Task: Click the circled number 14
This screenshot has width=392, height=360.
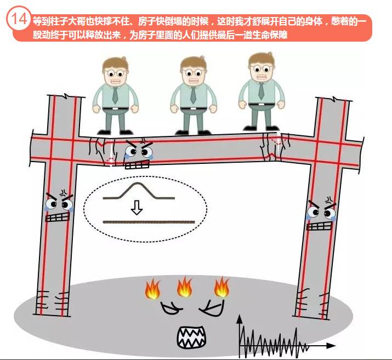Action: click(18, 19)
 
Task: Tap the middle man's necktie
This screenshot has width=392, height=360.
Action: click(193, 93)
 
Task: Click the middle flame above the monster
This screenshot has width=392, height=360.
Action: click(185, 287)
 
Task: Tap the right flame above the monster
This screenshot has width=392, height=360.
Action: click(220, 287)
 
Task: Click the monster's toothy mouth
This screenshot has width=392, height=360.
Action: click(191, 335)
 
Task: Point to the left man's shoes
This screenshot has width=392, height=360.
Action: click(115, 131)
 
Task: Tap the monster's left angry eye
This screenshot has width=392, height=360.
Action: click(171, 307)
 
